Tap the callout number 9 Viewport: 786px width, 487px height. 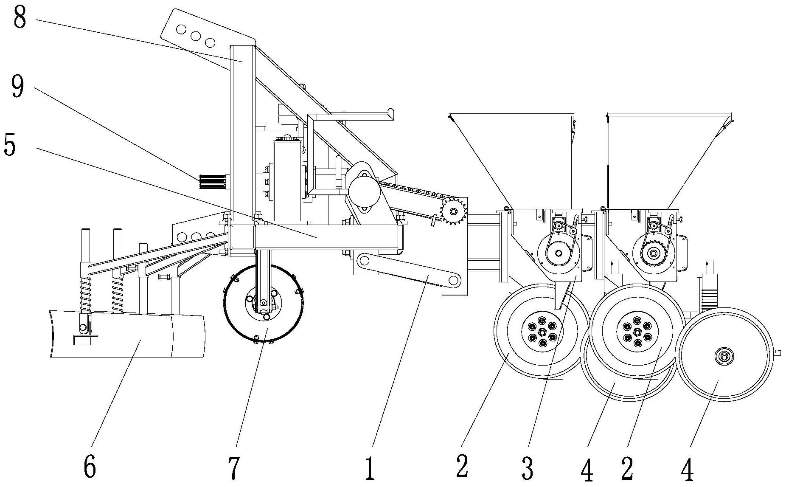[x=18, y=87]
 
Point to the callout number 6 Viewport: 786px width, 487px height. [x=90, y=467]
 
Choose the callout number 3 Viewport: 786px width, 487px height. [x=528, y=468]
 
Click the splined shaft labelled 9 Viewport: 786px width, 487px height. [x=212, y=182]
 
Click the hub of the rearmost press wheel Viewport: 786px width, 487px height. [x=724, y=355]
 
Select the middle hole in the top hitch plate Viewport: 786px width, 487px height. [x=195, y=36]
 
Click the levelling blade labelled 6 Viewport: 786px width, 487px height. [x=127, y=335]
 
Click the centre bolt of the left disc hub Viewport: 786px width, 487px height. [x=542, y=332]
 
